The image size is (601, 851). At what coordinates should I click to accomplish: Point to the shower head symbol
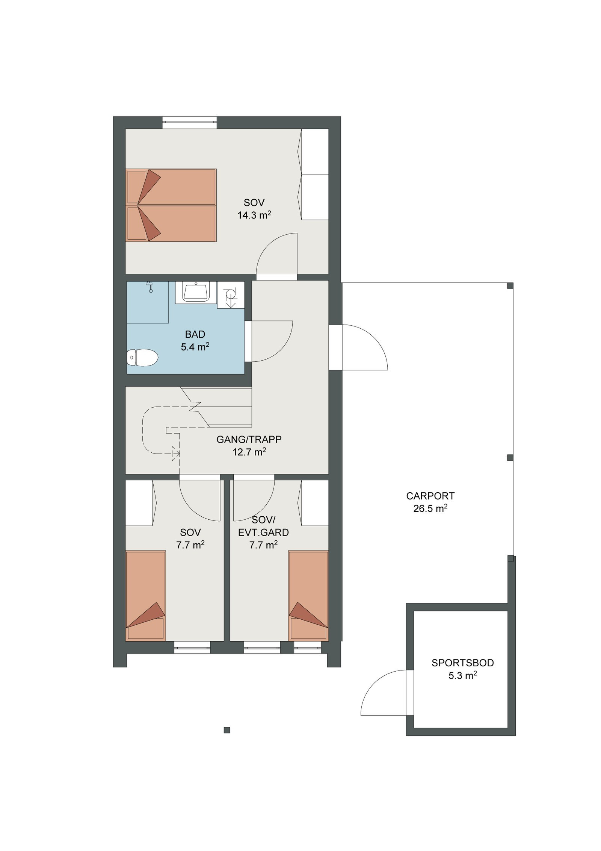pyautogui.click(x=150, y=287)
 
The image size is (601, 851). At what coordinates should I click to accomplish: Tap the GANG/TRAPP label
pyautogui.click(x=249, y=439)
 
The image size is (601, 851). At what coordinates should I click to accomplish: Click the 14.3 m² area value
pyautogui.click(x=254, y=215)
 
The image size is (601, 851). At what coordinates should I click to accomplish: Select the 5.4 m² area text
pyautogui.click(x=195, y=347)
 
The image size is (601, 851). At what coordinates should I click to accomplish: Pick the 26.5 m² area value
pyautogui.click(x=430, y=508)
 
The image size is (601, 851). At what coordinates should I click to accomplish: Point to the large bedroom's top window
pyautogui.click(x=190, y=122)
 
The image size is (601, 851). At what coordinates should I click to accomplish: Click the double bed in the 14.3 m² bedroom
pyautogui.click(x=171, y=205)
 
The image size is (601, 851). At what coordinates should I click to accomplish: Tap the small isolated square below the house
pyautogui.click(x=227, y=730)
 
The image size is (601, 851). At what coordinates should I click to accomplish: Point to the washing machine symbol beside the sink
pyautogui.click(x=231, y=295)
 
